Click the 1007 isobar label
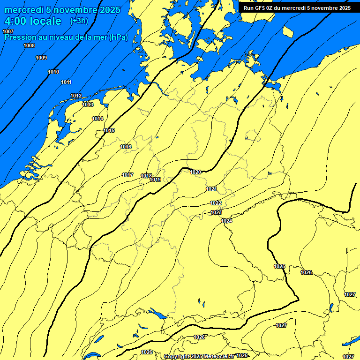[8, 31]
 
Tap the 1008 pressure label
[29, 45]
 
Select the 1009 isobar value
[41, 58]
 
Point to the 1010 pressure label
[53, 72]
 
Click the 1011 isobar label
[66, 82]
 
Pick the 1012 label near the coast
[76, 96]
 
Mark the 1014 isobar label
[97, 119]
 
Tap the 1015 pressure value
[109, 130]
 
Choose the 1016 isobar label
[126, 147]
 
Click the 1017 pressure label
[127, 175]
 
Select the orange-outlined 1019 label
[156, 180]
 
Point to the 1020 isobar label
[195, 172]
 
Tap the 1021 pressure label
[211, 189]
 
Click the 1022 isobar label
[216, 203]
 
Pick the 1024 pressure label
[227, 221]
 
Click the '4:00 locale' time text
[33, 21]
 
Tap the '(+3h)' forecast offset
[79, 21]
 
